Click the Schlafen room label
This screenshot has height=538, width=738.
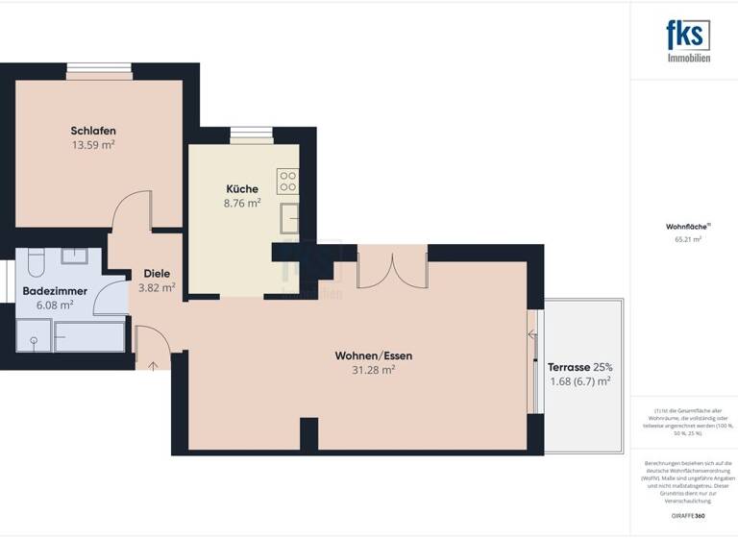click(93, 131)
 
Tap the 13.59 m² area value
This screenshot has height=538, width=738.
click(93, 145)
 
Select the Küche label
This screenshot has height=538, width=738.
click(242, 188)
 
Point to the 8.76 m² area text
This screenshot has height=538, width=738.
click(242, 203)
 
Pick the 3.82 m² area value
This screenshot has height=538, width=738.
click(157, 286)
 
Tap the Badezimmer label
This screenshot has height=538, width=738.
click(56, 290)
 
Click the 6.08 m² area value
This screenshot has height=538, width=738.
click(56, 305)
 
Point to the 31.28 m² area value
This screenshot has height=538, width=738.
click(374, 370)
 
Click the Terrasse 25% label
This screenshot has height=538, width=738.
click(579, 367)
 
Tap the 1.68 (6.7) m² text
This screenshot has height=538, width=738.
click(579, 381)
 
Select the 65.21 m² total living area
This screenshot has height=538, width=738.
click(689, 239)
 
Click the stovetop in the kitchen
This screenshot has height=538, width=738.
click(287, 181)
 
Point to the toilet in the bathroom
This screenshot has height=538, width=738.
click(35, 262)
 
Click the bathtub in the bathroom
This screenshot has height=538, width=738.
click(88, 335)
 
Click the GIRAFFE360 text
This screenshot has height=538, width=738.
click(689, 515)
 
